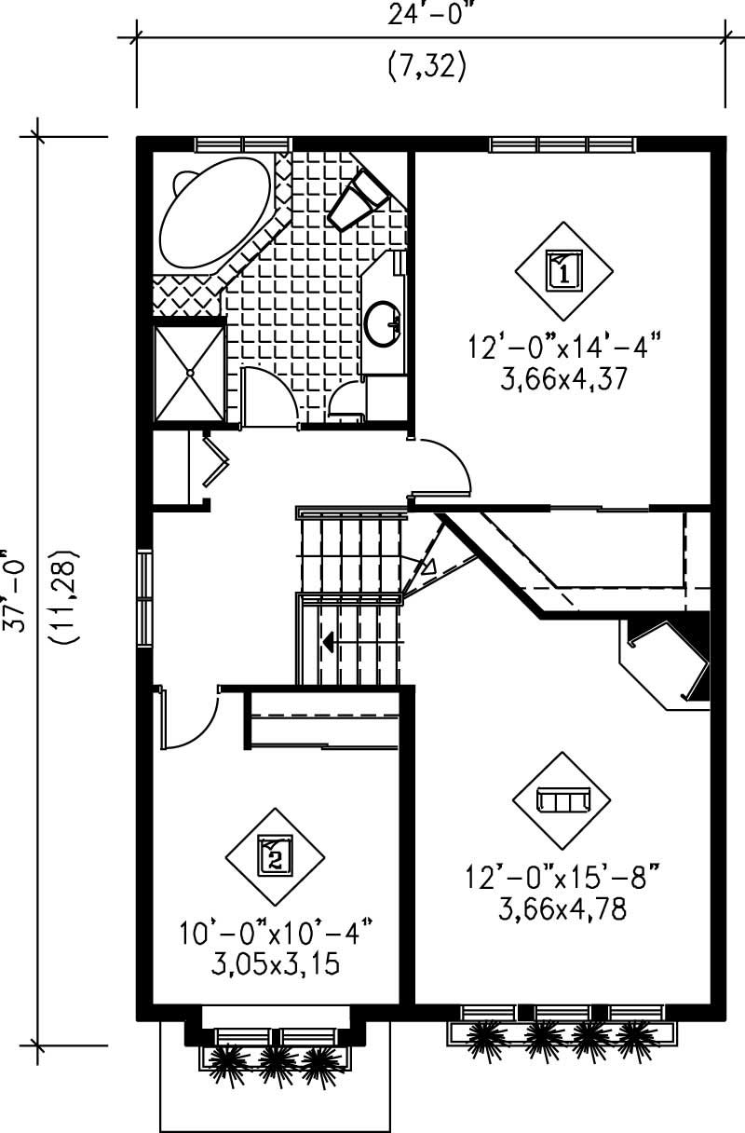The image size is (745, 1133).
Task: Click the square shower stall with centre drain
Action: tap(189, 371)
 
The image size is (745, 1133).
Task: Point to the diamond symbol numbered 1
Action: tap(564, 270)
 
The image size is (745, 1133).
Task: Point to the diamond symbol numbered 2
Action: tap(275, 854)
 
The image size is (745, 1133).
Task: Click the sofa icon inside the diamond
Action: tap(562, 801)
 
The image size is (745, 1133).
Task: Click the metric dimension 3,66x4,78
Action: tap(560, 907)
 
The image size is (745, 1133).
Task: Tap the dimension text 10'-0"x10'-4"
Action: tap(275, 933)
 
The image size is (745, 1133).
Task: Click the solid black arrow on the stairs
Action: tap(329, 641)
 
